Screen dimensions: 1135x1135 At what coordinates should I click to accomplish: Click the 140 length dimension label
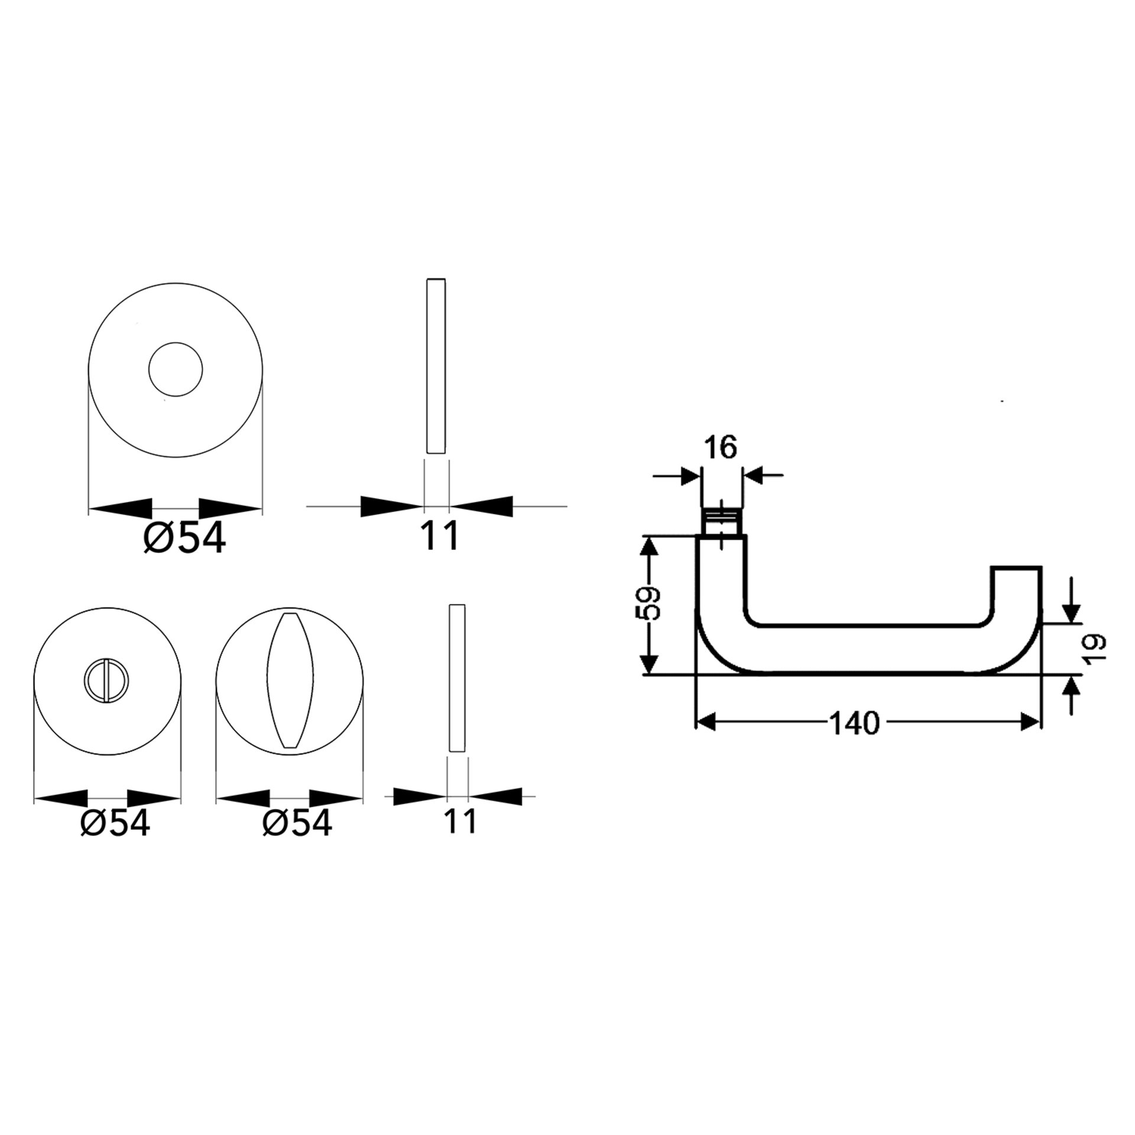pos(855,722)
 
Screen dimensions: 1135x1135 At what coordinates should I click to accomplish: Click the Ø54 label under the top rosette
pos(185,539)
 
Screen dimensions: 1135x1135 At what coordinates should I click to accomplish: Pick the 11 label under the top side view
pos(439,536)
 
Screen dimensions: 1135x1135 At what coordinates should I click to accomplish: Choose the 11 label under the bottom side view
pos(459,821)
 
